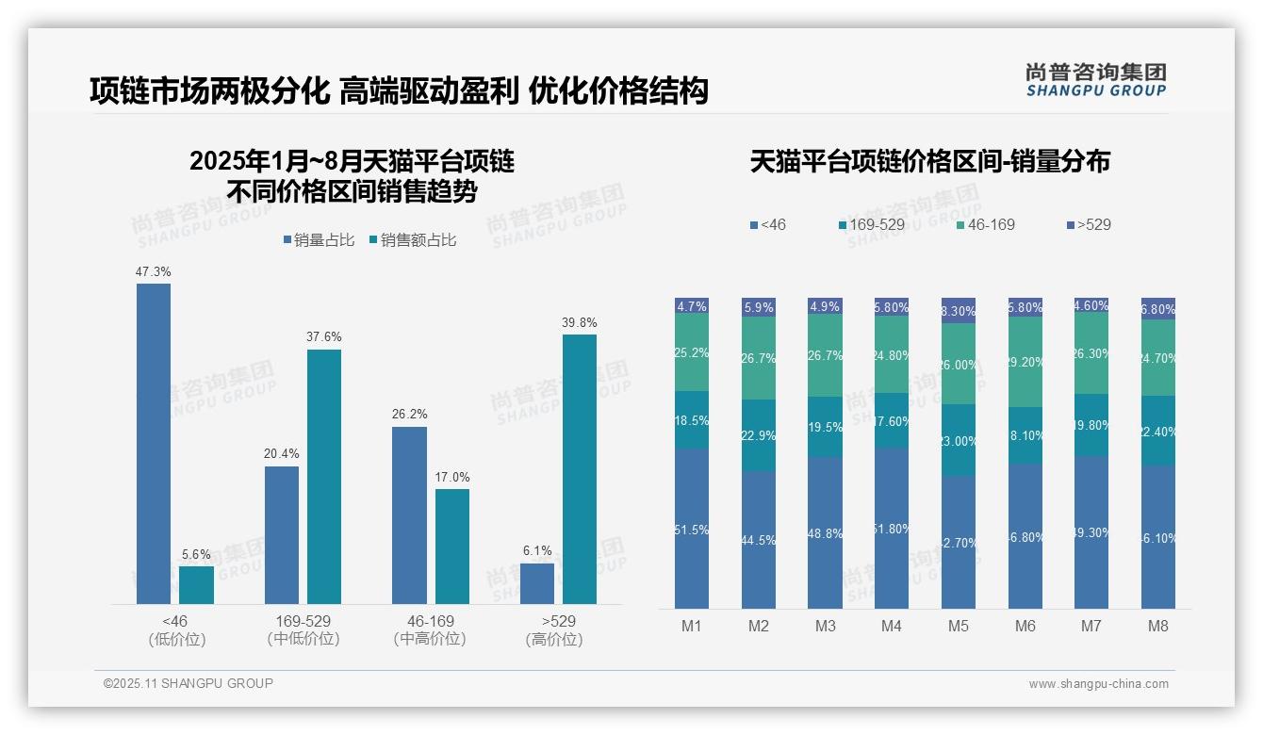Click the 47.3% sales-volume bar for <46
[x=154, y=443]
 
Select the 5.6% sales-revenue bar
[x=196, y=584]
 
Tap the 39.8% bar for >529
[x=580, y=468]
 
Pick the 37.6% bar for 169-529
[x=324, y=476]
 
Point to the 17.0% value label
[x=452, y=478]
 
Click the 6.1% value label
[x=536, y=551]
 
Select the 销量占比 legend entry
[x=319, y=240]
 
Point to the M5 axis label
[x=959, y=626]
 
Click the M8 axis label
[x=1158, y=626]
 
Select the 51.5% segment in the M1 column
[x=692, y=529]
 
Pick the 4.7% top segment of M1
[x=692, y=306]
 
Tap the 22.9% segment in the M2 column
[x=759, y=435]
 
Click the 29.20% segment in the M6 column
[x=1025, y=362]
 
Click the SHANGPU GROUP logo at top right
[x=1096, y=80]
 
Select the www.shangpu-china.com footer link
[x=1098, y=684]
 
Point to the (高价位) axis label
[x=554, y=639]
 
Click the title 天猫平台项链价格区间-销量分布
[x=929, y=162]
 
